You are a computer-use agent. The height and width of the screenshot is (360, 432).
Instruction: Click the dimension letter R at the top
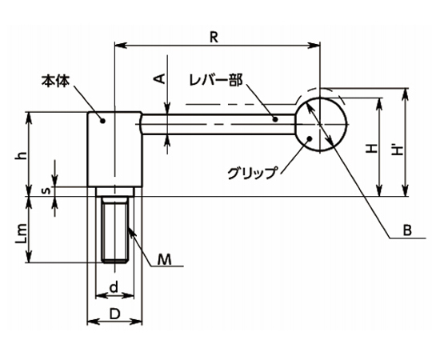214,38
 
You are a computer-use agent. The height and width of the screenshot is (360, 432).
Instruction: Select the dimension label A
159,78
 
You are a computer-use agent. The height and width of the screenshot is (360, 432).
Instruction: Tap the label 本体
56,81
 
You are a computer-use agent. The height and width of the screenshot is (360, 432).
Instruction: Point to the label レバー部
216,80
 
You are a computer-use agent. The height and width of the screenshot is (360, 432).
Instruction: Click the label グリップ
252,174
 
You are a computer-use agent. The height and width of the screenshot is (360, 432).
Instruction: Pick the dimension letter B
407,230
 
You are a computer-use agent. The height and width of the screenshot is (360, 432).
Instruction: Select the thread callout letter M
165,259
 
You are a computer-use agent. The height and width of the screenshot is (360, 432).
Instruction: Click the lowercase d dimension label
114,286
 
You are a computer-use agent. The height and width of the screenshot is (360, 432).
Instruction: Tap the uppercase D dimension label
115,314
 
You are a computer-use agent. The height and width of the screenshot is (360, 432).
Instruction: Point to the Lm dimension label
22,234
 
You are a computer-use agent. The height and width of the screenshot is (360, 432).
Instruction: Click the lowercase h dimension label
22,156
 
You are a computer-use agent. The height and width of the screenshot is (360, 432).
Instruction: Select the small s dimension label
47,190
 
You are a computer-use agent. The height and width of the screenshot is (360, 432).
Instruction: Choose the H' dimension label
397,150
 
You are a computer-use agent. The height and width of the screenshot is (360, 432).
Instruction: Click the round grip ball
321,125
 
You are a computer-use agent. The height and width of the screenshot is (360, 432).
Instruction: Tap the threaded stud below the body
115,230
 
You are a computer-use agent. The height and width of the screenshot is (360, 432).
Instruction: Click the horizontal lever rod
218,124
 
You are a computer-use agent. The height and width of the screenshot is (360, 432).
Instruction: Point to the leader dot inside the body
102,121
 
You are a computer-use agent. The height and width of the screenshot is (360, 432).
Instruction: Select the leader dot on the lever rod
275,119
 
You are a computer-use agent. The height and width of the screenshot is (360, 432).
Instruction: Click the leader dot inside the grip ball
310,138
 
